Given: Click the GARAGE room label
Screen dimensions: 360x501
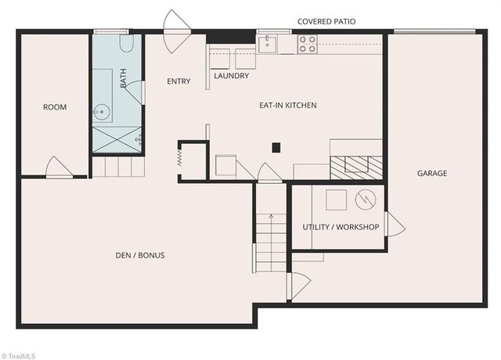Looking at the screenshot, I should (432, 173).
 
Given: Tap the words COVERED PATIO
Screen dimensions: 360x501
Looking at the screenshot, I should (326, 22).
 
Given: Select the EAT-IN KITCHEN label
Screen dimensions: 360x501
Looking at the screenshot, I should (288, 105).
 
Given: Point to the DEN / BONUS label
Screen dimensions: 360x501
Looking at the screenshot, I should (139, 255).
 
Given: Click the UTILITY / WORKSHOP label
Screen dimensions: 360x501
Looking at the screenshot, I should (341, 227).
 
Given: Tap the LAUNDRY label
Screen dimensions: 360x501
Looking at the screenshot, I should (232, 76).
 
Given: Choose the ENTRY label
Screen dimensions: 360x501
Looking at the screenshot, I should (179, 81).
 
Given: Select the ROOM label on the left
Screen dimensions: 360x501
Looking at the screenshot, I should (55, 107).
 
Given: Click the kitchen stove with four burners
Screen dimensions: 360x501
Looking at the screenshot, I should (308, 44).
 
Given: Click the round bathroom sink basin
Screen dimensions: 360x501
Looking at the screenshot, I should (102, 113).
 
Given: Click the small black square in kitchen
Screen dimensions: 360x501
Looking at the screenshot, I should (276, 146).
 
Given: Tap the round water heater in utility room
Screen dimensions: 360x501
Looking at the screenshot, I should (366, 200).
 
